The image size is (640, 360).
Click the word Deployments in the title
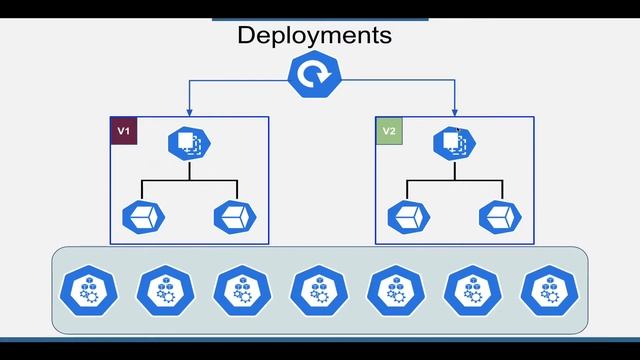click(314, 35)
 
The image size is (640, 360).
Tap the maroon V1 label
click(123, 131)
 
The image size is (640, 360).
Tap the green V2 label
click(389, 131)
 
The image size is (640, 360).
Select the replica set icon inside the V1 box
click(189, 144)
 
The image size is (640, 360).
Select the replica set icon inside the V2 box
click(454, 144)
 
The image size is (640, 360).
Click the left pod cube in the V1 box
click(142, 215)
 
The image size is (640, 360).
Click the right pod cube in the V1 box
click(236, 215)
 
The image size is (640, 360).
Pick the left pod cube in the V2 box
click(408, 215)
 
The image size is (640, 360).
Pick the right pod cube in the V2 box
click(501, 215)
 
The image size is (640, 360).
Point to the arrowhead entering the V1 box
click(189, 112)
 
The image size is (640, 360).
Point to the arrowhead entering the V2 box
click(455, 112)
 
